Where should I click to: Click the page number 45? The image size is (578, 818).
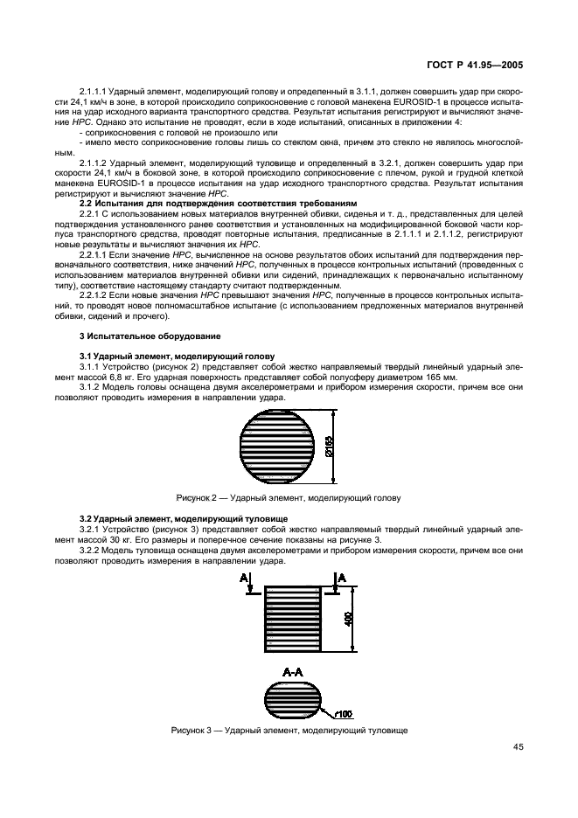pos(517,746)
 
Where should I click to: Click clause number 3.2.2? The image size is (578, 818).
pos(93,551)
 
